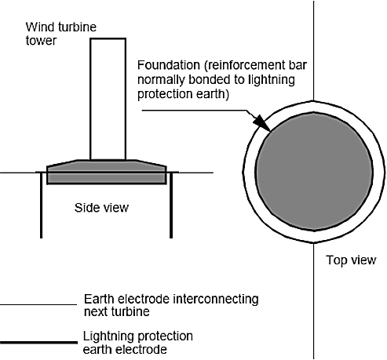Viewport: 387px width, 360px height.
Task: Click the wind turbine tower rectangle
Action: (x=108, y=99)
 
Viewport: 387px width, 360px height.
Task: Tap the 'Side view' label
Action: (x=101, y=208)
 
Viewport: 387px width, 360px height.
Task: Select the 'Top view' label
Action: (x=351, y=260)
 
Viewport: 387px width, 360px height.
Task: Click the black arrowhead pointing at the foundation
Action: (x=262, y=123)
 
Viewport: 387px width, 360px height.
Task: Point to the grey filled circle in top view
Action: (x=314, y=172)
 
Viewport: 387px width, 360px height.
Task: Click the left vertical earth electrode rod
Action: (x=41, y=205)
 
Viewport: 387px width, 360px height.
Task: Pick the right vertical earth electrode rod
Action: (x=171, y=205)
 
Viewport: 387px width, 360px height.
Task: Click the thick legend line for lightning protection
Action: (x=38, y=342)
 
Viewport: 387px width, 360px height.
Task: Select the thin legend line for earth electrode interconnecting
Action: (x=38, y=304)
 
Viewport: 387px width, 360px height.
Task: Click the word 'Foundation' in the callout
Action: (x=169, y=65)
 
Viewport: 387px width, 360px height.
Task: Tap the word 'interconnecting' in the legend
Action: (x=216, y=299)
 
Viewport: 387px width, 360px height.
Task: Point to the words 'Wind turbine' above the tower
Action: (x=61, y=27)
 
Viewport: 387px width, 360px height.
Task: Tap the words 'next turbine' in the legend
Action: (x=117, y=312)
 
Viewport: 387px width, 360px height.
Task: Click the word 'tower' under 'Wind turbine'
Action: (x=41, y=41)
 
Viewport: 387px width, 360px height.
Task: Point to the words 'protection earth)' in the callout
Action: (x=183, y=94)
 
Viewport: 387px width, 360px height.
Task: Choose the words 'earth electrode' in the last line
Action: (x=125, y=350)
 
